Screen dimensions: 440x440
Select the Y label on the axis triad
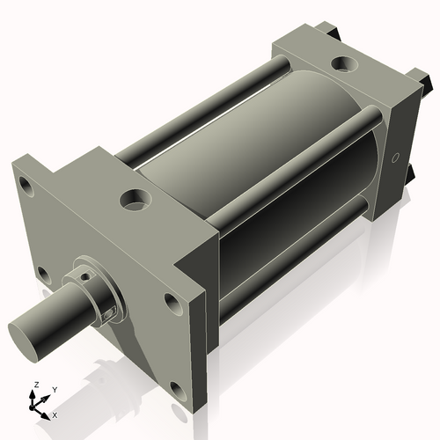coord(55,389)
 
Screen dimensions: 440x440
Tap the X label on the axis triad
coord(55,414)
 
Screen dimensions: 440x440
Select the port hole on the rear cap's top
coord(341,65)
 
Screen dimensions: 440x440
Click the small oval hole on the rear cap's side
coord(395,159)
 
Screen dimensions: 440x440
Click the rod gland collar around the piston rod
coord(97,290)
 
